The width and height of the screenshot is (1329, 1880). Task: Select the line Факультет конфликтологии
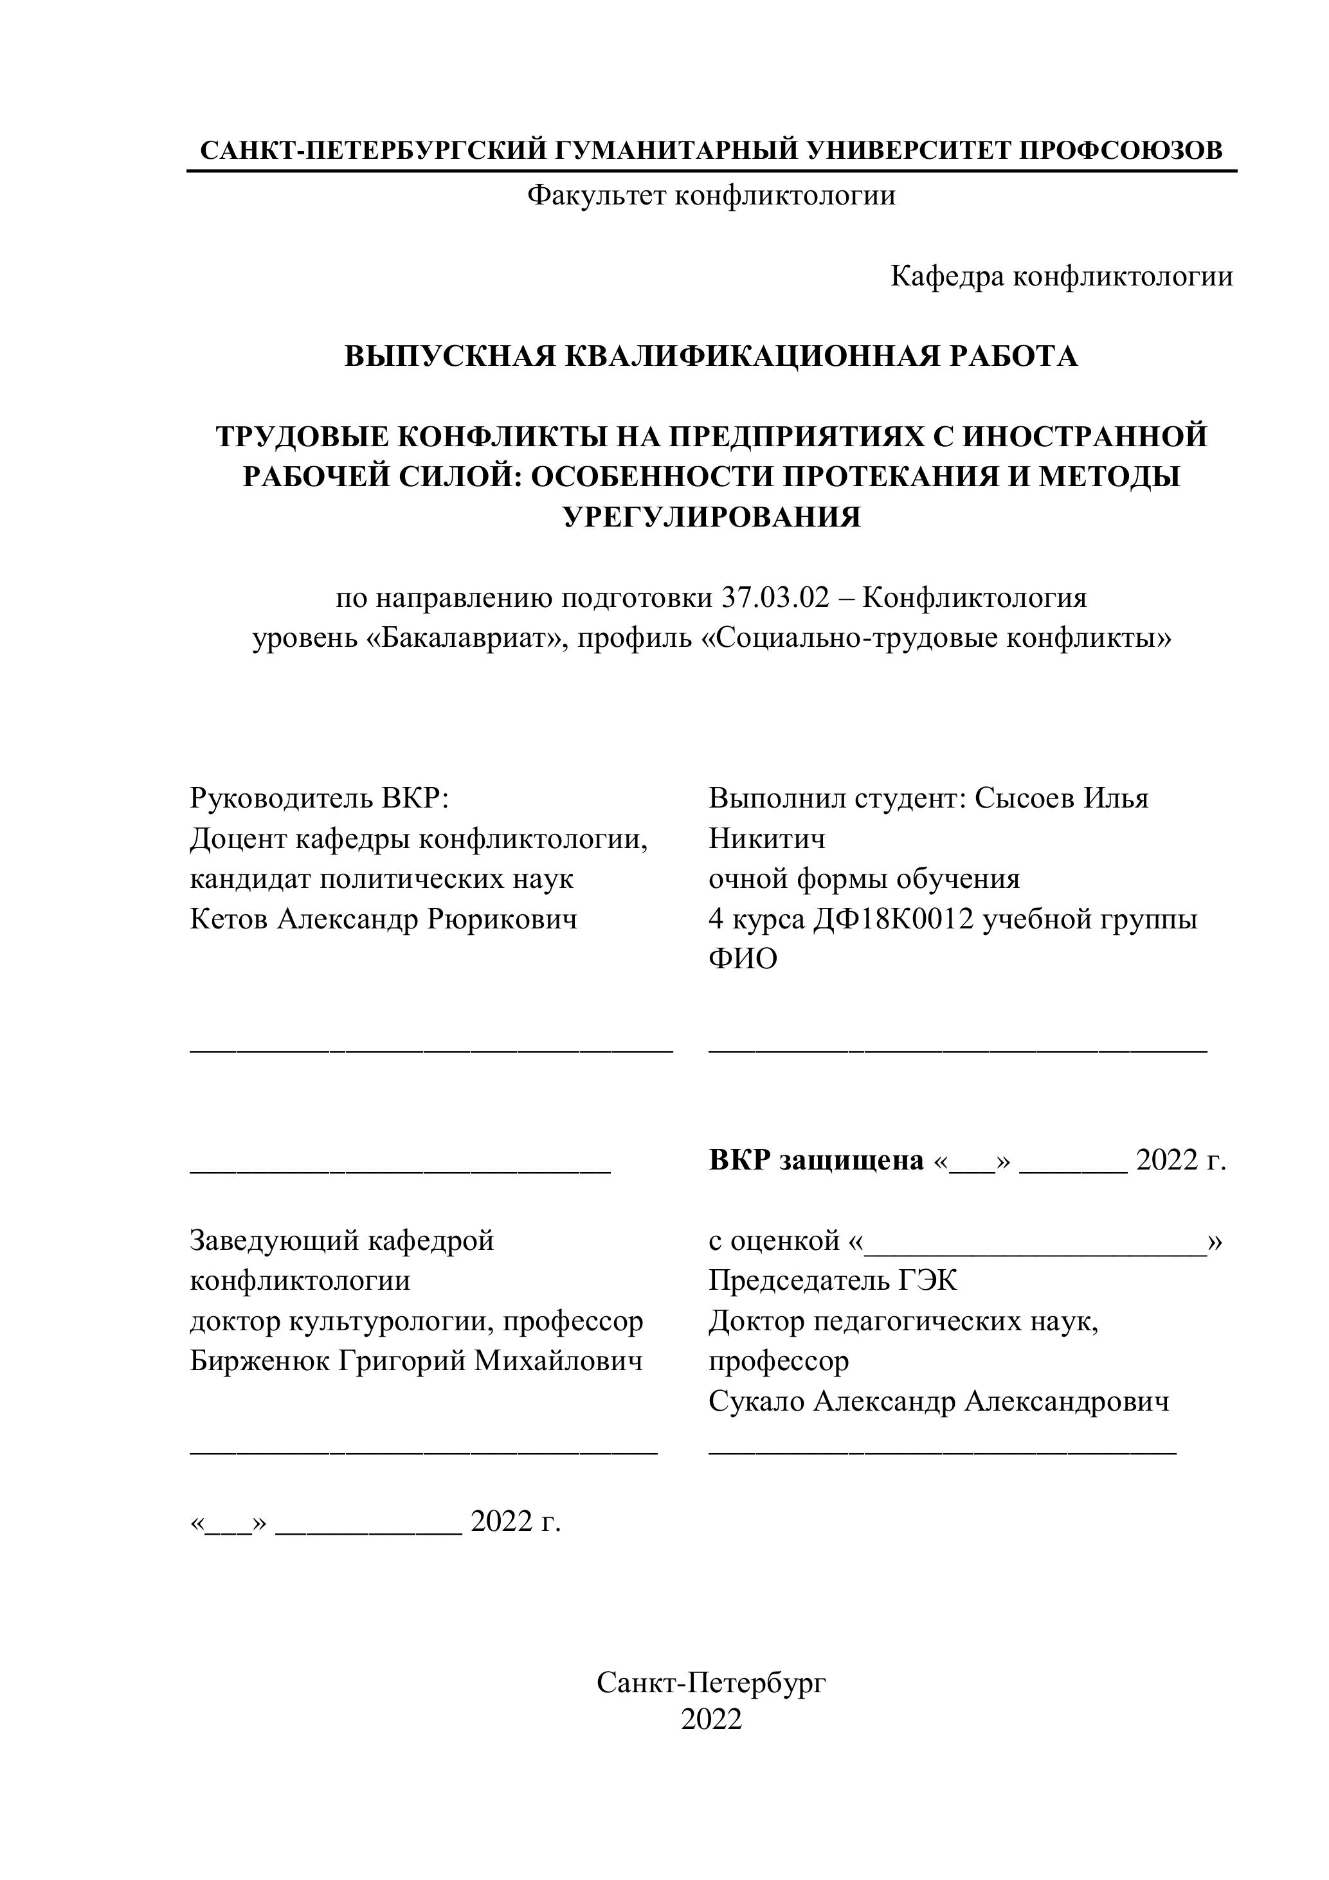coord(710,195)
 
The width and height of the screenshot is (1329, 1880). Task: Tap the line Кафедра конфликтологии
coord(1062,276)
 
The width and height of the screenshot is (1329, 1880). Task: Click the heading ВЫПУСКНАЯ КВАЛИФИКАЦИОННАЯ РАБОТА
coord(710,356)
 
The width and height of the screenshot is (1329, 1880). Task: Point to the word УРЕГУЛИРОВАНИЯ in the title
coord(712,517)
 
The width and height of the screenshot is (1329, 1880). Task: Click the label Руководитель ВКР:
coord(320,797)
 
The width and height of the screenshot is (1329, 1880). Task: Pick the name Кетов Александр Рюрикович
coord(383,919)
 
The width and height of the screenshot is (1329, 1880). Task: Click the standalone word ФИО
coord(743,958)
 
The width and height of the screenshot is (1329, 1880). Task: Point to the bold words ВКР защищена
coord(815,1161)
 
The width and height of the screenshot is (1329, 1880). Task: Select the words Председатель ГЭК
coord(833,1280)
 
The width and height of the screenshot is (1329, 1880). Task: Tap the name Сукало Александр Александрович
coord(939,1401)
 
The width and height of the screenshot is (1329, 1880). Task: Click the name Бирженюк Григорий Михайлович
coord(416,1361)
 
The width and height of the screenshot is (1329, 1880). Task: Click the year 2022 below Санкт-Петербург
coord(710,1719)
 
